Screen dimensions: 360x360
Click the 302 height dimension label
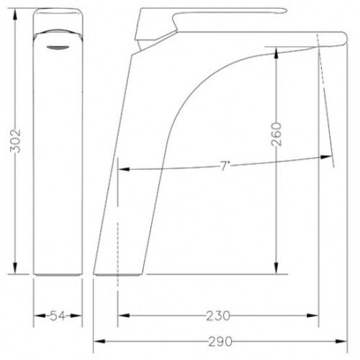15,141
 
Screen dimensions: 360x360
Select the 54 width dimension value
58,316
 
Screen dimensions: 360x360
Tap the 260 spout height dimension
276,134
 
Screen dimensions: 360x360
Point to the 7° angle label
224,166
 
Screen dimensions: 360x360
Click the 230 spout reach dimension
218,315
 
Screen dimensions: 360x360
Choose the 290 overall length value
220,341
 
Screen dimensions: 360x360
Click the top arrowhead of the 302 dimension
15,14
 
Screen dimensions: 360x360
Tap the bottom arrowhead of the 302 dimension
15,269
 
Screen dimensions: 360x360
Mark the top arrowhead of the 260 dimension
276,53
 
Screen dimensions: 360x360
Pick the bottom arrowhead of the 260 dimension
276,268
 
